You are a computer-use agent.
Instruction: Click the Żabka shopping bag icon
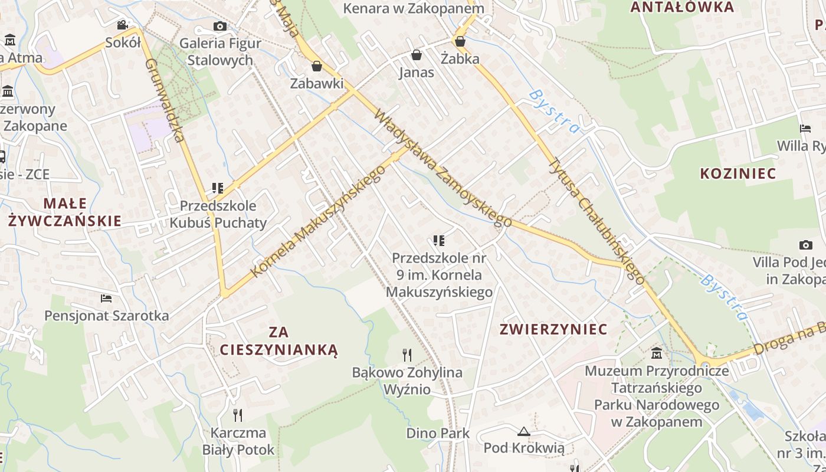[460, 41]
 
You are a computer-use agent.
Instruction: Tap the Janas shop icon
[417, 55]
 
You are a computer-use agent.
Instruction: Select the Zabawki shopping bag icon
[316, 65]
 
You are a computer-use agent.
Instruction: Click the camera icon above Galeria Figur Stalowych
[219, 26]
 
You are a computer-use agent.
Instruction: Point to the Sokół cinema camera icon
[123, 25]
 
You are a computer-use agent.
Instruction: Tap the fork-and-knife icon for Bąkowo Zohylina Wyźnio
[407, 355]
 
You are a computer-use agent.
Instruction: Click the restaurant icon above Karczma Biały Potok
[238, 415]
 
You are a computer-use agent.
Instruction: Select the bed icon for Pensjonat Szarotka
[106, 298]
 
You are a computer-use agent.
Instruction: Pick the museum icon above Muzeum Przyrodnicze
[656, 353]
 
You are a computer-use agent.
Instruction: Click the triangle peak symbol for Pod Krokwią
[523, 431]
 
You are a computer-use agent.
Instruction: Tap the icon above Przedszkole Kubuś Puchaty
[218, 188]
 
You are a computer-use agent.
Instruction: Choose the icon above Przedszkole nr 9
[438, 240]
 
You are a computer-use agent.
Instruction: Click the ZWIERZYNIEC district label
[553, 329]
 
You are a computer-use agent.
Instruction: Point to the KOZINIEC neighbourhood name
[738, 173]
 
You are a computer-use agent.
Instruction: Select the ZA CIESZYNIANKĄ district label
[279, 340]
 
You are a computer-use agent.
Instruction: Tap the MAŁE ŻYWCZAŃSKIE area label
[65, 212]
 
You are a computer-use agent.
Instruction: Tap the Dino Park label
[438, 433]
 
